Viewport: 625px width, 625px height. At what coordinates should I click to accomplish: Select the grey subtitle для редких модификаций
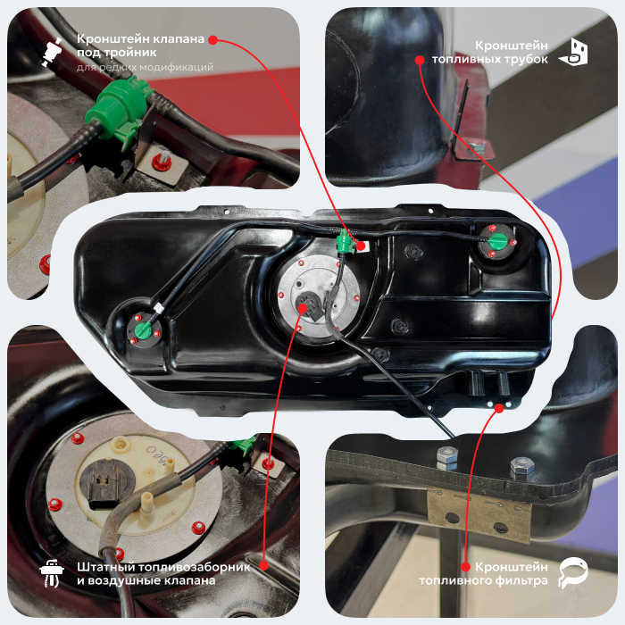[145, 67]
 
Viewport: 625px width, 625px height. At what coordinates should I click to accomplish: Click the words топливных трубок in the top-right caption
[490, 59]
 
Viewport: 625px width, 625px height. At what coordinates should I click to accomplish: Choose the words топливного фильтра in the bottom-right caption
[484, 580]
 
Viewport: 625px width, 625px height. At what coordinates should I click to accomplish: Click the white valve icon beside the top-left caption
[52, 51]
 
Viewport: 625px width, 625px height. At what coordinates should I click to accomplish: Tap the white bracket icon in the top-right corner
[573, 52]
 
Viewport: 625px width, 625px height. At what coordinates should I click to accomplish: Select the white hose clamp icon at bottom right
[573, 573]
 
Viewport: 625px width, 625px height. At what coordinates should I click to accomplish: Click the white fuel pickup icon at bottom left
[52, 573]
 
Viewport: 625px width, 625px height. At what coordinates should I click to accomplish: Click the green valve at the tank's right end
[497, 240]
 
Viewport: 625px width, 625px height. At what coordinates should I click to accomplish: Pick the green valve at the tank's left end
[143, 330]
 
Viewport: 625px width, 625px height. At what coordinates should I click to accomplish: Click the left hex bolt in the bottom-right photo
[447, 458]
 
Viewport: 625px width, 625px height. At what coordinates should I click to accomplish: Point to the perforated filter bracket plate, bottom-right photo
[479, 513]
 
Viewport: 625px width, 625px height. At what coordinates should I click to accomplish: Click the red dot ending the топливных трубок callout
[420, 60]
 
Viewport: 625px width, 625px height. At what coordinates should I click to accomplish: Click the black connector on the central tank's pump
[312, 306]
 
